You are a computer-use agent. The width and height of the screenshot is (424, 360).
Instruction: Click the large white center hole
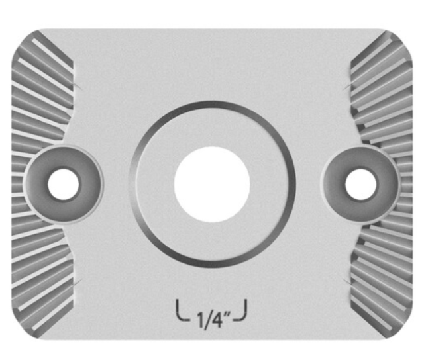pyautogui.click(x=212, y=185)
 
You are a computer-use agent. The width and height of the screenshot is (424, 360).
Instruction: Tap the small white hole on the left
pyautogui.click(x=64, y=185)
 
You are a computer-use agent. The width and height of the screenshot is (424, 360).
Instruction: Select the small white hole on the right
pyautogui.click(x=360, y=185)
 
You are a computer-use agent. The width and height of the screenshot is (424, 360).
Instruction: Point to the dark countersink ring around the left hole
pyautogui.click(x=35, y=185)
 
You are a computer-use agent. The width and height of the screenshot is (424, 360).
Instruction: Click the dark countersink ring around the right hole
pyautogui.click(x=389, y=185)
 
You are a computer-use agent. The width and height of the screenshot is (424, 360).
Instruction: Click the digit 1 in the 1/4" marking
pyautogui.click(x=201, y=320)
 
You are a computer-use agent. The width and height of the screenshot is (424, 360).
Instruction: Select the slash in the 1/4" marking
pyautogui.click(x=207, y=320)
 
